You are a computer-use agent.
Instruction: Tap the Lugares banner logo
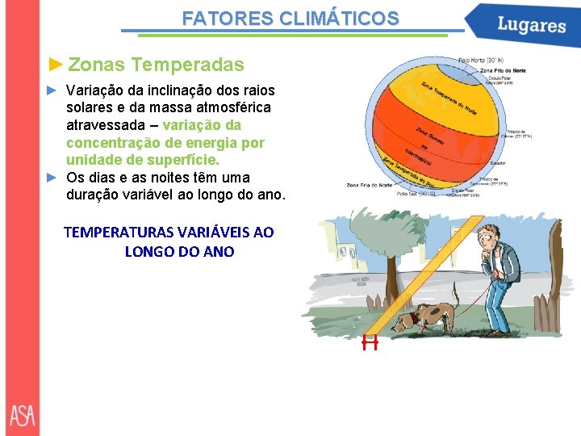pos(531,24)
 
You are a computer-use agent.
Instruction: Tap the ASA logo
pos(23,415)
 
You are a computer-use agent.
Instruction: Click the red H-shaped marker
pos(370,343)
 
